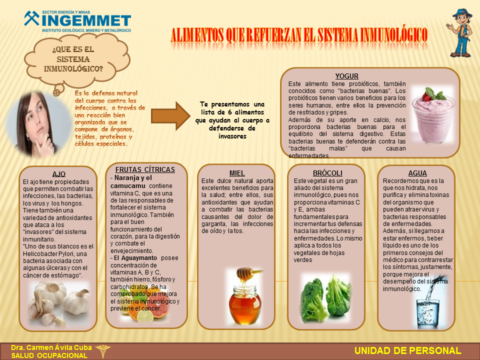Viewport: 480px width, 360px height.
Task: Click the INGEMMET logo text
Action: [86, 21]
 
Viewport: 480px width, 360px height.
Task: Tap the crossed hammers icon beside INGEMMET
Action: [32, 18]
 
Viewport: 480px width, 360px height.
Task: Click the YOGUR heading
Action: [346, 76]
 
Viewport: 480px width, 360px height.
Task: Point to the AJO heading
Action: [59, 174]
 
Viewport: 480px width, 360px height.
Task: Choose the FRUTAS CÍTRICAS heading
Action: [145, 169]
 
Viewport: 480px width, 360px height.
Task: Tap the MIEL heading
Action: [237, 173]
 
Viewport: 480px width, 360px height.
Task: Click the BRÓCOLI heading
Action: [327, 173]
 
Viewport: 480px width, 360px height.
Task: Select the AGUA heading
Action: [417, 173]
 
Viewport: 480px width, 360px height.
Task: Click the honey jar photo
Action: [245, 296]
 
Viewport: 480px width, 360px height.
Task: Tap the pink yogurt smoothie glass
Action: [432, 115]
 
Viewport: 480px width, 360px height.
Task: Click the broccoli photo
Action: [325, 299]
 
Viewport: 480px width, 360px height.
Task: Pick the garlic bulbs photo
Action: [59, 303]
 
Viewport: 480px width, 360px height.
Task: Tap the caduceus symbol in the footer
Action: [103, 351]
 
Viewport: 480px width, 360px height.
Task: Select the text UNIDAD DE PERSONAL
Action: [408, 351]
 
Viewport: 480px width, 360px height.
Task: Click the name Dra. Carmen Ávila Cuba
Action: [51, 348]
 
